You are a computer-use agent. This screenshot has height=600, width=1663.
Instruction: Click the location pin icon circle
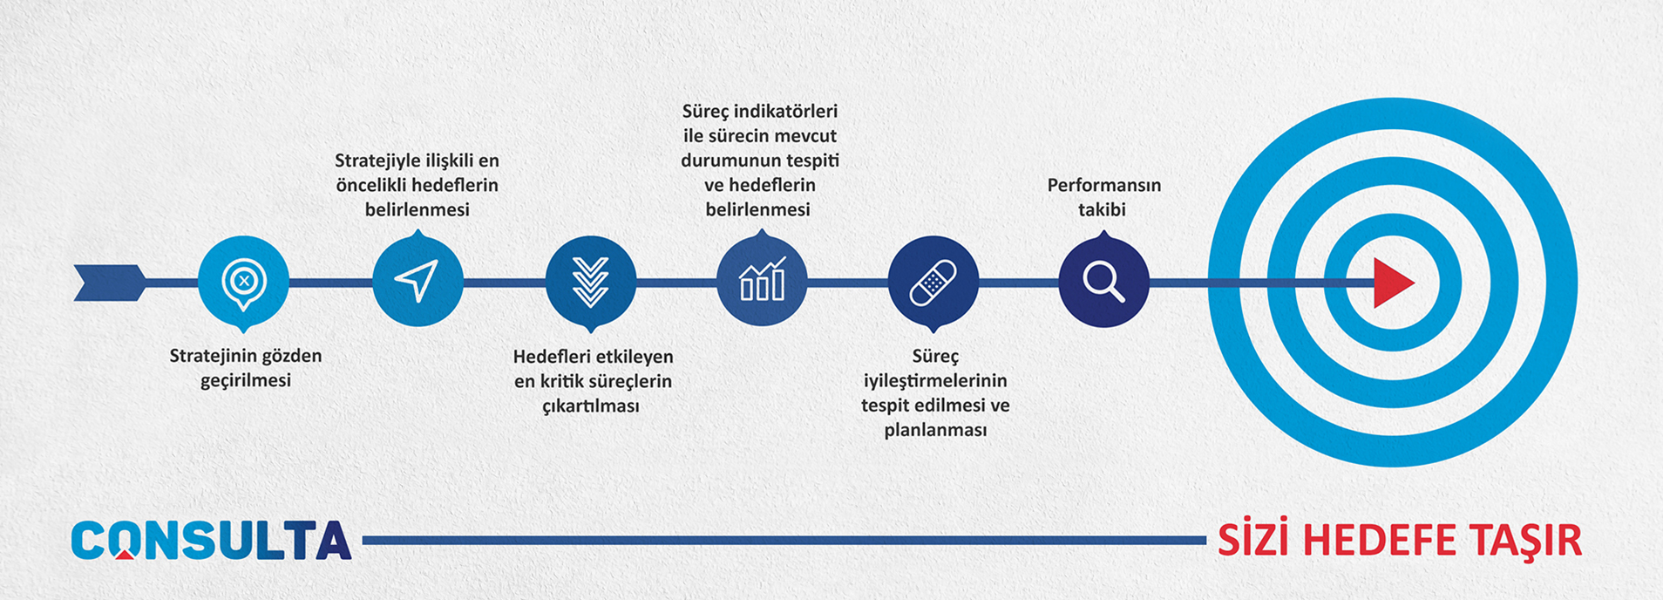(x=243, y=282)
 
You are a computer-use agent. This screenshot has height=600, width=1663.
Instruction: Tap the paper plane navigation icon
(x=417, y=281)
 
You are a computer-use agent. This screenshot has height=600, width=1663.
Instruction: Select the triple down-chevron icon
(x=591, y=282)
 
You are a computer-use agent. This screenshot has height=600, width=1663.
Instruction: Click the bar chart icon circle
(x=762, y=281)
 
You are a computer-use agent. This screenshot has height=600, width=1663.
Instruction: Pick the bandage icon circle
(x=933, y=282)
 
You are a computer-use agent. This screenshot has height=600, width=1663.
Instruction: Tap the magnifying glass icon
(x=1103, y=281)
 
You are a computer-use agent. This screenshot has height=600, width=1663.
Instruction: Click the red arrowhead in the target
(x=1394, y=283)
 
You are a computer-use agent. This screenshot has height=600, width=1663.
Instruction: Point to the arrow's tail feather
(x=110, y=283)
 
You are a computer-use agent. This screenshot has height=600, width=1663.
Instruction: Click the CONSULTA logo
(x=211, y=540)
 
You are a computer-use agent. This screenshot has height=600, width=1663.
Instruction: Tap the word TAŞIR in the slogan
(x=1525, y=541)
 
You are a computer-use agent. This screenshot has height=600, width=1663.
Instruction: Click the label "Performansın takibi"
(x=1103, y=197)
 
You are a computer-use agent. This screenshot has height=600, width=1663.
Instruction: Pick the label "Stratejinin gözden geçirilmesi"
(x=246, y=368)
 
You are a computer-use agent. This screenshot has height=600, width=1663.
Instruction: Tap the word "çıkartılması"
(x=591, y=406)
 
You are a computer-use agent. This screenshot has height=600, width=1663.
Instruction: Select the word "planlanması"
(x=935, y=430)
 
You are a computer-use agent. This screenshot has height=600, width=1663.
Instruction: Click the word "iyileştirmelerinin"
(x=935, y=381)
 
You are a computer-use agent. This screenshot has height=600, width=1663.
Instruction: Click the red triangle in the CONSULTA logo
(x=126, y=553)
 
